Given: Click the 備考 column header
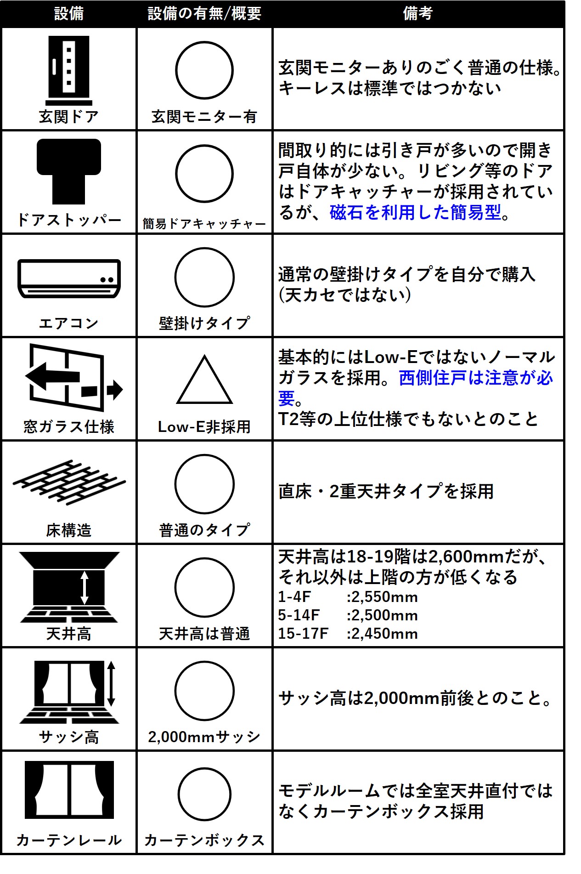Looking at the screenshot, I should [x=417, y=13].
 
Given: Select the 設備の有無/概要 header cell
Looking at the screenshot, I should [x=204, y=13].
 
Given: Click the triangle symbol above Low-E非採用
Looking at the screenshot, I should [x=204, y=380].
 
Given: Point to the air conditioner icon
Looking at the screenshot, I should [x=69, y=278].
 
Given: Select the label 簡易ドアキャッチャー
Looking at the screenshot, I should [x=204, y=224].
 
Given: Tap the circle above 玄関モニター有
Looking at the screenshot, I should [x=204, y=70].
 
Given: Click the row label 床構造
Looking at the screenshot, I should [x=69, y=530].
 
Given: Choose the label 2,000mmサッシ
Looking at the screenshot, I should [x=204, y=737].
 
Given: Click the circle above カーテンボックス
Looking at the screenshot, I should [x=204, y=794].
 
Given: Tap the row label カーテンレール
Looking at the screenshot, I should [x=69, y=840].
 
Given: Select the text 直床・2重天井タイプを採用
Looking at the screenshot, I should [x=386, y=491].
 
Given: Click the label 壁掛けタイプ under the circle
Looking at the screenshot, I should [x=204, y=323].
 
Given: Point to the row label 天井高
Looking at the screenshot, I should [x=69, y=634].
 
